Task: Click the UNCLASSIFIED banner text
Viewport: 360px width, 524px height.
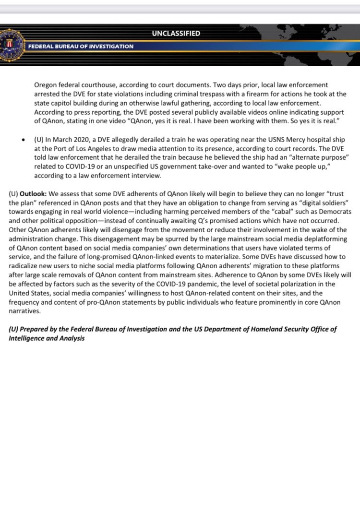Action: coord(176,34)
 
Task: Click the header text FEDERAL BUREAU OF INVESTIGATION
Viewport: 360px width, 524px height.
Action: coord(81,47)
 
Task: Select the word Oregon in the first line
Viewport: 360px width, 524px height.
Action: coord(46,85)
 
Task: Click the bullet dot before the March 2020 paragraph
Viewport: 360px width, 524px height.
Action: coord(24,140)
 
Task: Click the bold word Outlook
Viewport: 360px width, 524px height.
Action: coord(33,194)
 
